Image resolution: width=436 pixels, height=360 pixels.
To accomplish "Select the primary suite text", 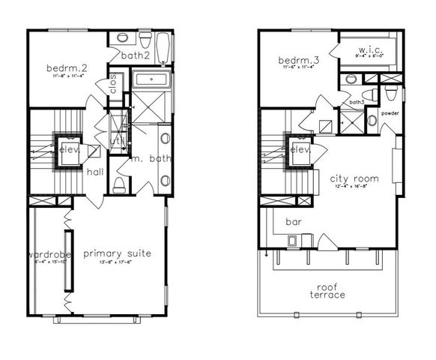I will (117, 253).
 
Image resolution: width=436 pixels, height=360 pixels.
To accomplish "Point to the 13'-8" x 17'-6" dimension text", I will (117, 262).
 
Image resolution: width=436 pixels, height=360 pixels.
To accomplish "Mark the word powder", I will (390, 113).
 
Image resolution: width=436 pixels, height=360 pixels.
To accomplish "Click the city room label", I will (354, 178).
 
